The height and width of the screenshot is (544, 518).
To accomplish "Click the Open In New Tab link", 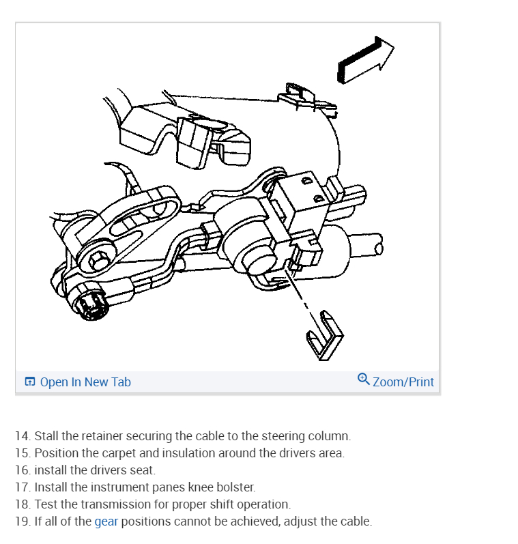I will coord(85,382).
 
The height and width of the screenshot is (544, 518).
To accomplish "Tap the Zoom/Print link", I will coord(403,382).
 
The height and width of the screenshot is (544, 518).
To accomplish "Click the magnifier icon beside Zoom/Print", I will coord(364,380).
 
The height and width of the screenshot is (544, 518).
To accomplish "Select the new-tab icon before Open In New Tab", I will coord(29,382).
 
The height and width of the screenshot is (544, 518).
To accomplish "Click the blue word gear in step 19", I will coord(106,522).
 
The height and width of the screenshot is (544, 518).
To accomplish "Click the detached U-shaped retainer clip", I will coord(324,335).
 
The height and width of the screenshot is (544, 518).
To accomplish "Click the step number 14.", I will coord(23,435).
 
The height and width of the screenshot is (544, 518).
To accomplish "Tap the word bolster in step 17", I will coord(237,487).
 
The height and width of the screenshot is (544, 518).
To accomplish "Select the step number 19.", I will coord(23,522).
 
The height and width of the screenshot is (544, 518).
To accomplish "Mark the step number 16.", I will coord(23,470).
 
